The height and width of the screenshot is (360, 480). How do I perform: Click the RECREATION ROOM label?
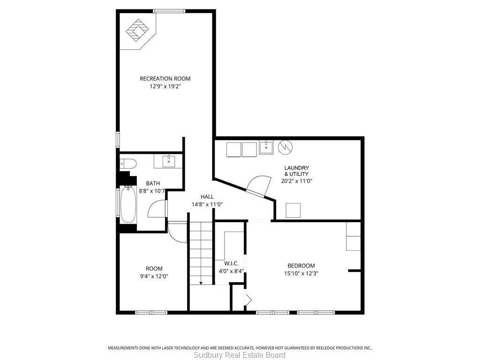coord(165,79)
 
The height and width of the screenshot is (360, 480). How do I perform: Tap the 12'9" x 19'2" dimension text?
coord(165,86)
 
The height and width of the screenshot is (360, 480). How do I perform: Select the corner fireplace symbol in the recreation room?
coord(138,30)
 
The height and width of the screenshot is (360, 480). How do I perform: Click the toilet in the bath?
coord(127,164)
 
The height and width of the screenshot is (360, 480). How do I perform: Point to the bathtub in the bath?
coord(128,204)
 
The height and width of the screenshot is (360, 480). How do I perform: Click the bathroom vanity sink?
coord(168,161)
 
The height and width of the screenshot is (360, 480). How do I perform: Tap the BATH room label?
coord(153,183)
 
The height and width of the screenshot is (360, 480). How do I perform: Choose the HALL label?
coord(207,196)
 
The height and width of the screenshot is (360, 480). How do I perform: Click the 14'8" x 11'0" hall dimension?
coord(207,204)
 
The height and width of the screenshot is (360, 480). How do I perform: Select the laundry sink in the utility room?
coord(266,147)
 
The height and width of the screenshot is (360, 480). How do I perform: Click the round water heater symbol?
coord(285,147)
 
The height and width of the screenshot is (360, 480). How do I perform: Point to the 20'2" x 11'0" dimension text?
coord(296,180)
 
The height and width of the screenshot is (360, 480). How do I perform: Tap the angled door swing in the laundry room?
coord(259,186)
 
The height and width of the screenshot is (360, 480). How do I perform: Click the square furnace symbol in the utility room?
coord(293,210)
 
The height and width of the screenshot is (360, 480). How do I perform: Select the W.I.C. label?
coord(231,263)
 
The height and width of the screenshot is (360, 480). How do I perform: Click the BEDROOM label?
coord(301,266)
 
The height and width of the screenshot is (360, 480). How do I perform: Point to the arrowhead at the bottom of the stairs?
coord(201,283)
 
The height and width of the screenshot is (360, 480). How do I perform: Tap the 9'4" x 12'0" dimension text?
coord(154,276)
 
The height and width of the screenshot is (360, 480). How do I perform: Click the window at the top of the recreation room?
coord(169,11)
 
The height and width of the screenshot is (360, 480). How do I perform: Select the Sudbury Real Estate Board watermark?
coord(240,355)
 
